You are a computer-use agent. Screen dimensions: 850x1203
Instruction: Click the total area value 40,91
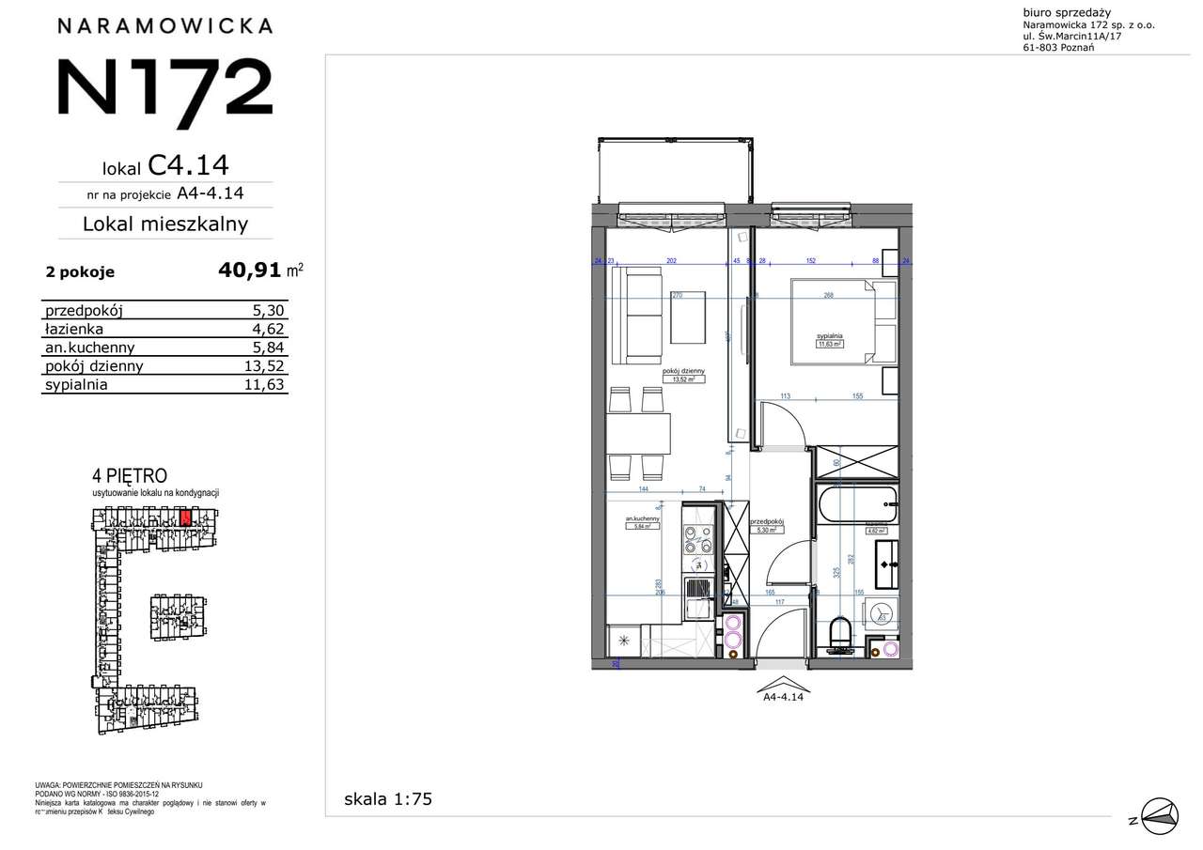pos(249,270)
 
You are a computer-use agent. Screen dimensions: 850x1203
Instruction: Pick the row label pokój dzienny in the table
pos(93,366)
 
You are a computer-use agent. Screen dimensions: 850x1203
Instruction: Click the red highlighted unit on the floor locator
pos(185,516)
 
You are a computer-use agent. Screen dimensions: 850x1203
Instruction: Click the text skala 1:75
pos(388,799)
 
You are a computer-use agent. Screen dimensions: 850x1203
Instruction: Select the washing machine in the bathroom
pos(881,613)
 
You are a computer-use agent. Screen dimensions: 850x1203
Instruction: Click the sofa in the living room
pos(636,315)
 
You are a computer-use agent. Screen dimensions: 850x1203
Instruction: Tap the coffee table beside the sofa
pos(689,317)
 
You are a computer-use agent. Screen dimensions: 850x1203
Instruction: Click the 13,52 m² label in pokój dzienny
pos(683,380)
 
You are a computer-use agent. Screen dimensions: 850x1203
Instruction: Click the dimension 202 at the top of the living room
pos(671,261)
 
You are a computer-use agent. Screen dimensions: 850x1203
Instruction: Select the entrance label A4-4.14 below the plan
pos(783,697)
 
